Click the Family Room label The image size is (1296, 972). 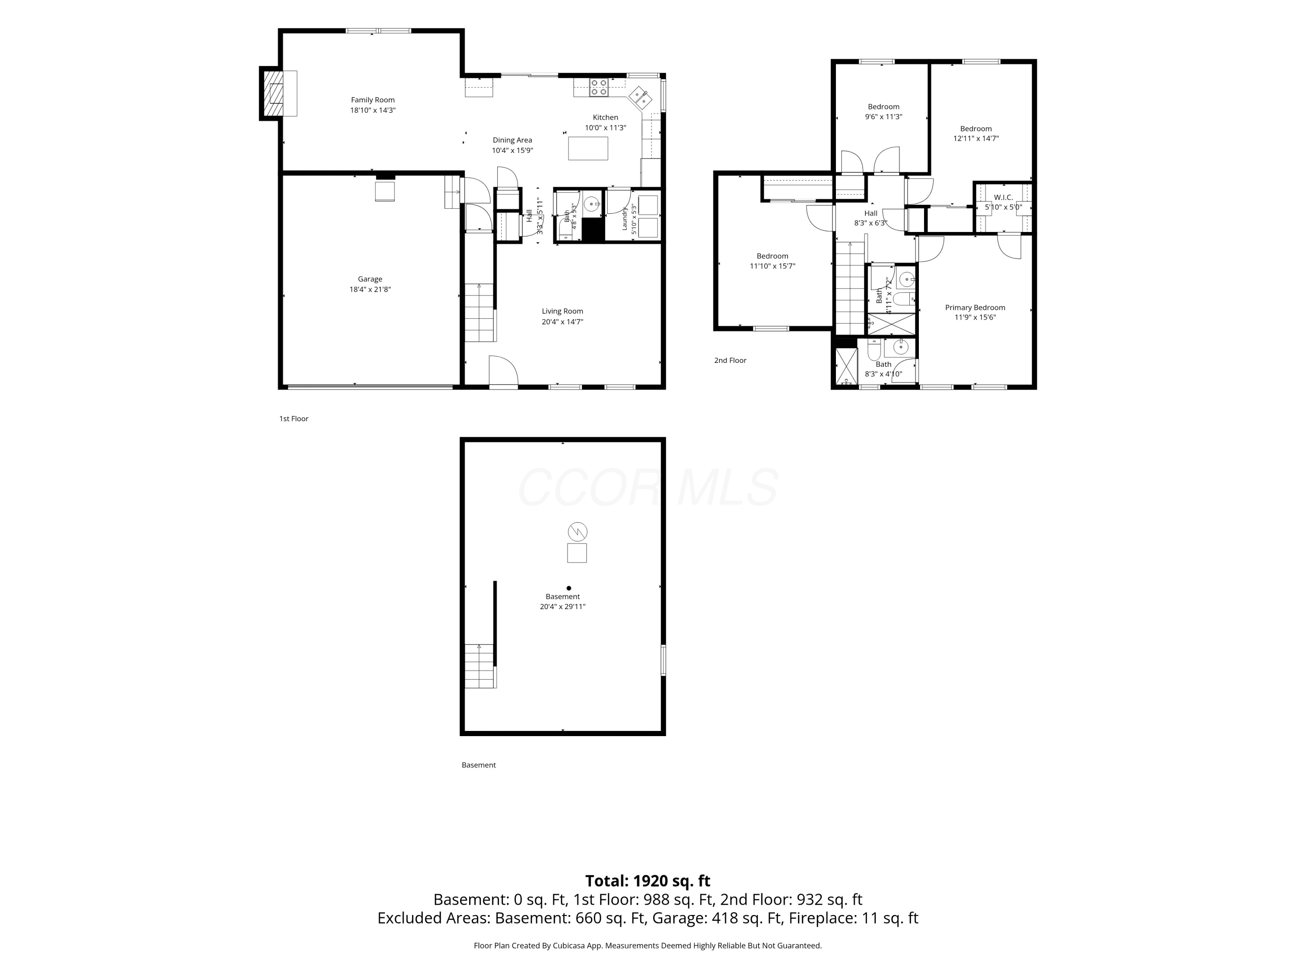[373, 100]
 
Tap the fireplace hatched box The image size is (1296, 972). [273, 94]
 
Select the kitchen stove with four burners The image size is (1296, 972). [599, 87]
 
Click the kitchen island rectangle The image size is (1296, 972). [588, 148]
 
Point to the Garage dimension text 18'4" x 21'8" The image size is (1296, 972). [370, 289]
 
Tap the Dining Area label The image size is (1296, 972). [513, 140]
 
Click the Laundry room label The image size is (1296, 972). [625, 219]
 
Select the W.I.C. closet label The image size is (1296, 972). [1004, 197]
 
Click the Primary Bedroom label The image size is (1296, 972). [975, 308]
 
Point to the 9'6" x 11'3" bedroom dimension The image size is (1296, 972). [883, 117]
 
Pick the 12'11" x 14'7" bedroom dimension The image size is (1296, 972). [976, 139]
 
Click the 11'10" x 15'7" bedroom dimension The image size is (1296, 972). [772, 266]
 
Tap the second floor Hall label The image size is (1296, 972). [870, 213]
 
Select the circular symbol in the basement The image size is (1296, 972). [578, 532]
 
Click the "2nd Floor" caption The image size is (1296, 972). [730, 360]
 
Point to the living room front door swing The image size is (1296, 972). [504, 371]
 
